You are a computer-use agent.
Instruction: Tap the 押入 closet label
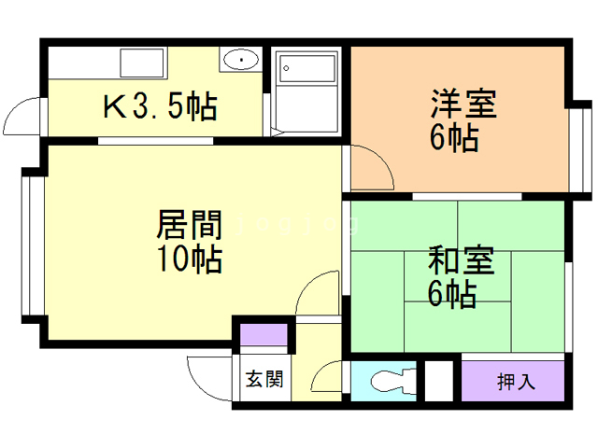[515, 381]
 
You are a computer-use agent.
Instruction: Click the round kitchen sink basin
[241, 61]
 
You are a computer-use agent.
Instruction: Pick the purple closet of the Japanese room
[515, 381]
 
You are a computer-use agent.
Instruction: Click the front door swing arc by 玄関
[207, 378]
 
